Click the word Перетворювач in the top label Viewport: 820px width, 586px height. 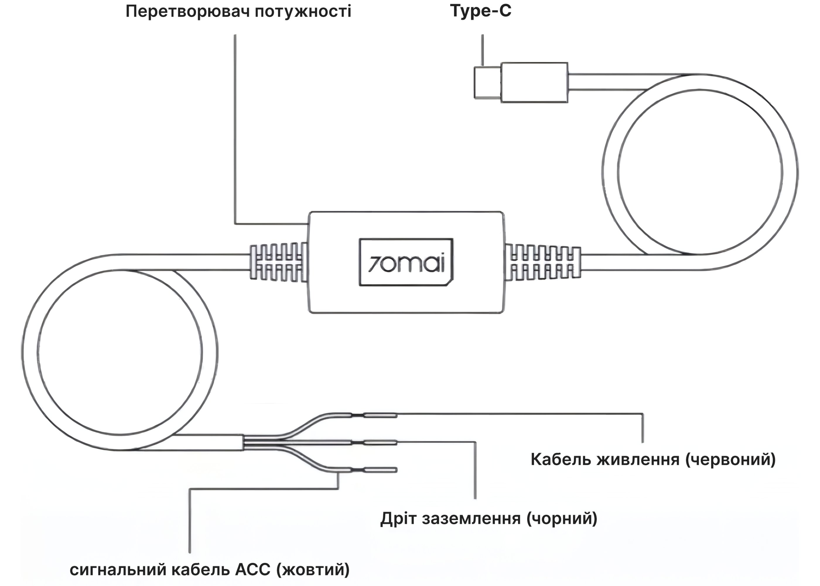(187, 11)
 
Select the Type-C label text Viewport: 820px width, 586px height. (481, 11)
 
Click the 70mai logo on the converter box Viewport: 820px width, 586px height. (406, 262)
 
